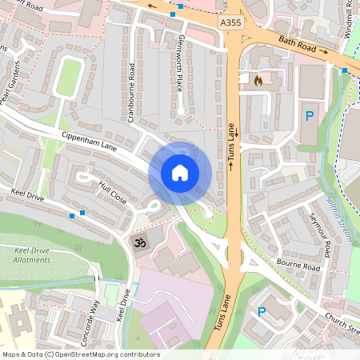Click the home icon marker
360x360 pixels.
coord(180,173)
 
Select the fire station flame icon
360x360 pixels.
coord(257,81)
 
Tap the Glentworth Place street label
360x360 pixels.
coord(181,55)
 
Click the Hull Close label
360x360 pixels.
coord(113,192)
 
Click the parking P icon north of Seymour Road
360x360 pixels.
coord(310,117)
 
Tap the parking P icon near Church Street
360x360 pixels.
coord(261,310)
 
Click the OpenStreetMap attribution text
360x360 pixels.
coord(81,354)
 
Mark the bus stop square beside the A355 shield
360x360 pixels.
coord(182,6)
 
